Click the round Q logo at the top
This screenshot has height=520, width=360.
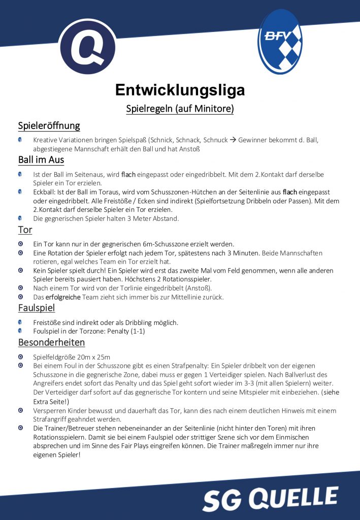87,46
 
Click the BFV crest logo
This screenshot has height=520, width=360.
280,41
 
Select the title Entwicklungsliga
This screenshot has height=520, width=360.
180,90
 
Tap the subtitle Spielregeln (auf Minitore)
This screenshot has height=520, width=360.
180,108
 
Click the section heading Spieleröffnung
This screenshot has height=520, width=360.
49,125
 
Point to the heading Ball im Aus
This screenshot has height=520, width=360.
41,160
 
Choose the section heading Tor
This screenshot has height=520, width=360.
25,230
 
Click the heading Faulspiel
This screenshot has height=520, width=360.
37,308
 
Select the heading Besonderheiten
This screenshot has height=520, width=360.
51,342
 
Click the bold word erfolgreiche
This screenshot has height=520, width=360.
63,297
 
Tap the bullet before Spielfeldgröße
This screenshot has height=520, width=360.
20,356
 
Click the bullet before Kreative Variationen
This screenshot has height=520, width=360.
20,140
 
